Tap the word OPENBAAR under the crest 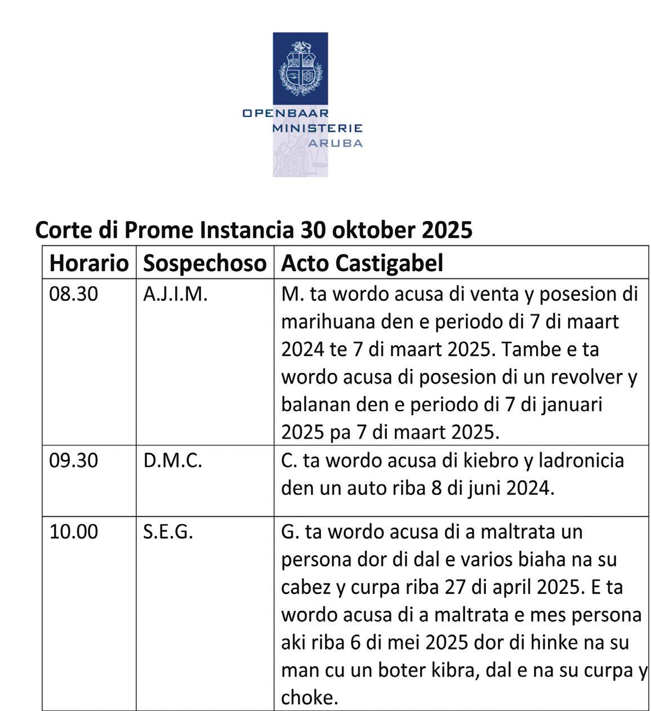click(286, 113)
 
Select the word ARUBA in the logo click(335, 143)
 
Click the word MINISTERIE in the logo click(317, 128)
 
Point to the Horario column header click(89, 263)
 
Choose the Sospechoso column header click(204, 263)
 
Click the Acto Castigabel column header click(362, 263)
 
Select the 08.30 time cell click(74, 294)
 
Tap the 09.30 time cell click(74, 461)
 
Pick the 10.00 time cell click(74, 532)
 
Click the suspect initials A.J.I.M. click(175, 294)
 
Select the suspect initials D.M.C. click(172, 461)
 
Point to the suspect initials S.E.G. click(168, 532)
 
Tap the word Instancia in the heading click(247, 229)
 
